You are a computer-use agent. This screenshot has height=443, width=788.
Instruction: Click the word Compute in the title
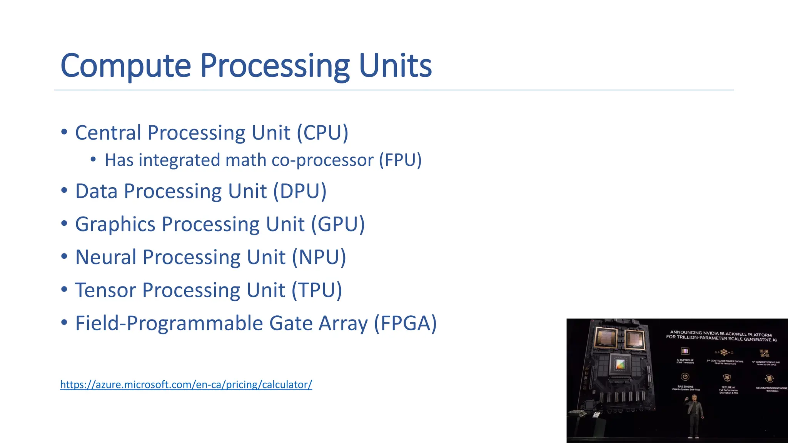[x=125, y=66]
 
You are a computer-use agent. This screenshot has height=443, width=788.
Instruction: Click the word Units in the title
[x=395, y=66]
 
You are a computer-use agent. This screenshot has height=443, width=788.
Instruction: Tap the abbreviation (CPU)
[x=322, y=133]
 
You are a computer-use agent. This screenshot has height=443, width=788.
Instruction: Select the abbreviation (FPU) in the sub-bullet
[x=400, y=160]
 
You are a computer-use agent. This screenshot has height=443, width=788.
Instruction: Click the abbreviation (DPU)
[x=300, y=192]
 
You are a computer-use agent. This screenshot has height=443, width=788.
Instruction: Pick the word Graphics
[x=115, y=225]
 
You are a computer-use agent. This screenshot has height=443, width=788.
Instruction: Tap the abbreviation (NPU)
[x=319, y=257]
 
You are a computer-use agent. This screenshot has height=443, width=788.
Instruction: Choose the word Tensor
[x=105, y=290]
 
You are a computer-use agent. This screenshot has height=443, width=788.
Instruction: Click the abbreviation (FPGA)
[x=406, y=323]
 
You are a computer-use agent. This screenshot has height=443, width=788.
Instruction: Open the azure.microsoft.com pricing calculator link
[x=186, y=385]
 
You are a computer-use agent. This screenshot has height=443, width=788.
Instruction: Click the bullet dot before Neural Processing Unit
[x=64, y=256]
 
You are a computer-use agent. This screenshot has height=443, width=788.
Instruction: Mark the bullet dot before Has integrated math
[x=93, y=160]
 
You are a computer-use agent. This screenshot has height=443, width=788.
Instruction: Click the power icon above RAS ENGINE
[x=685, y=377]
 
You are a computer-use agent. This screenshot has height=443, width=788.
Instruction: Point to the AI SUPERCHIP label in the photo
[x=685, y=361]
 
